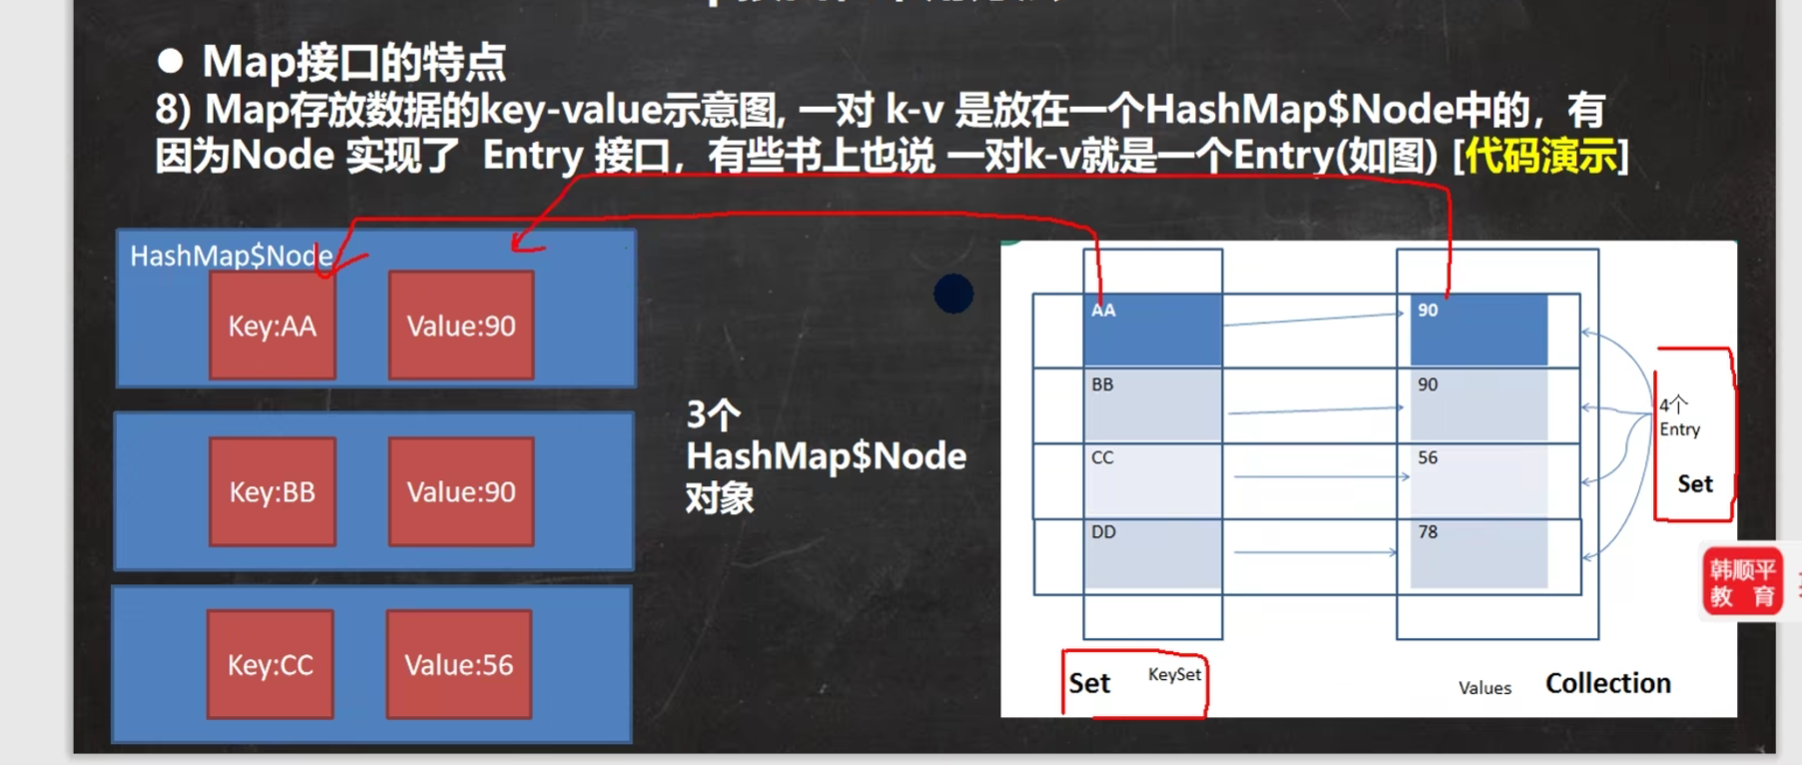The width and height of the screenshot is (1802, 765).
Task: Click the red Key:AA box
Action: (x=272, y=326)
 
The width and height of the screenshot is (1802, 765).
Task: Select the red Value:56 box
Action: (x=458, y=665)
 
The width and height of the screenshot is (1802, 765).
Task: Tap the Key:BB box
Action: (x=272, y=491)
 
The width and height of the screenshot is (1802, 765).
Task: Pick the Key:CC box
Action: (x=270, y=665)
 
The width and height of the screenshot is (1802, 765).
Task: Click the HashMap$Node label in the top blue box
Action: (x=231, y=256)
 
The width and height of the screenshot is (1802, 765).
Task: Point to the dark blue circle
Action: (x=953, y=294)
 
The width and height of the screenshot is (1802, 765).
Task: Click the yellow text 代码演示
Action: (x=1540, y=156)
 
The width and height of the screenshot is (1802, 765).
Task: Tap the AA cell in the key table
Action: (x=1152, y=329)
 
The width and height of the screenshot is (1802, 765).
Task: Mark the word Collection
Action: (x=1607, y=683)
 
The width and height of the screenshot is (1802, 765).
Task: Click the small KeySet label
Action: (x=1174, y=675)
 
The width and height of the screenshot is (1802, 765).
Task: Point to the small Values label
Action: (x=1485, y=688)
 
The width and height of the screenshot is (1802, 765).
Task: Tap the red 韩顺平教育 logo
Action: (x=1742, y=582)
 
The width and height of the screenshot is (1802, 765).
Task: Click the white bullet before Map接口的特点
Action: (x=171, y=62)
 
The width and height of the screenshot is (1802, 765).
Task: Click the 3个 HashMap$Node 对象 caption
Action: (x=825, y=455)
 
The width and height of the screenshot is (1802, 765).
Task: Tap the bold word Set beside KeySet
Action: (x=1089, y=683)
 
